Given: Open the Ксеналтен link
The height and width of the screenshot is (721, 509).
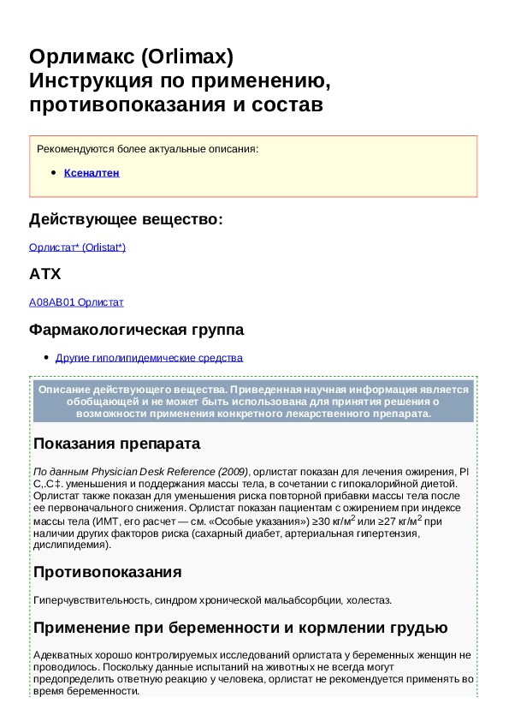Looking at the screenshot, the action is (92, 173).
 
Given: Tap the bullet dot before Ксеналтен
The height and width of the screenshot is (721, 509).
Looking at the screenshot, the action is (54, 173).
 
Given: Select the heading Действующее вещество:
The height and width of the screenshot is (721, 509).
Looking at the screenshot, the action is (126, 220).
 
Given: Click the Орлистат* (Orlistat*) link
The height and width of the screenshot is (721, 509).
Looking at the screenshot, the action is (77, 247).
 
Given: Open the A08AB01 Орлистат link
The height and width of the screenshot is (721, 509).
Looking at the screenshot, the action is (76, 302).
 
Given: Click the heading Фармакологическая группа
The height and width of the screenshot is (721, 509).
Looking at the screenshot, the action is (136, 330).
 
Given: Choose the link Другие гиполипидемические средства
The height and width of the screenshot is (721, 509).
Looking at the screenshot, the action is (149, 358).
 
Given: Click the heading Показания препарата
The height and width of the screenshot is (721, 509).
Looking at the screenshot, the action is (116, 444).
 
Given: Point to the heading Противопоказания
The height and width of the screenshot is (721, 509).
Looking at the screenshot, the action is (107, 571).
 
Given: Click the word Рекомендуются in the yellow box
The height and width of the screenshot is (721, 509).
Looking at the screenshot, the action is (73, 149).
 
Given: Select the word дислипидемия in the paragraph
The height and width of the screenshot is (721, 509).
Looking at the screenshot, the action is (69, 545).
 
